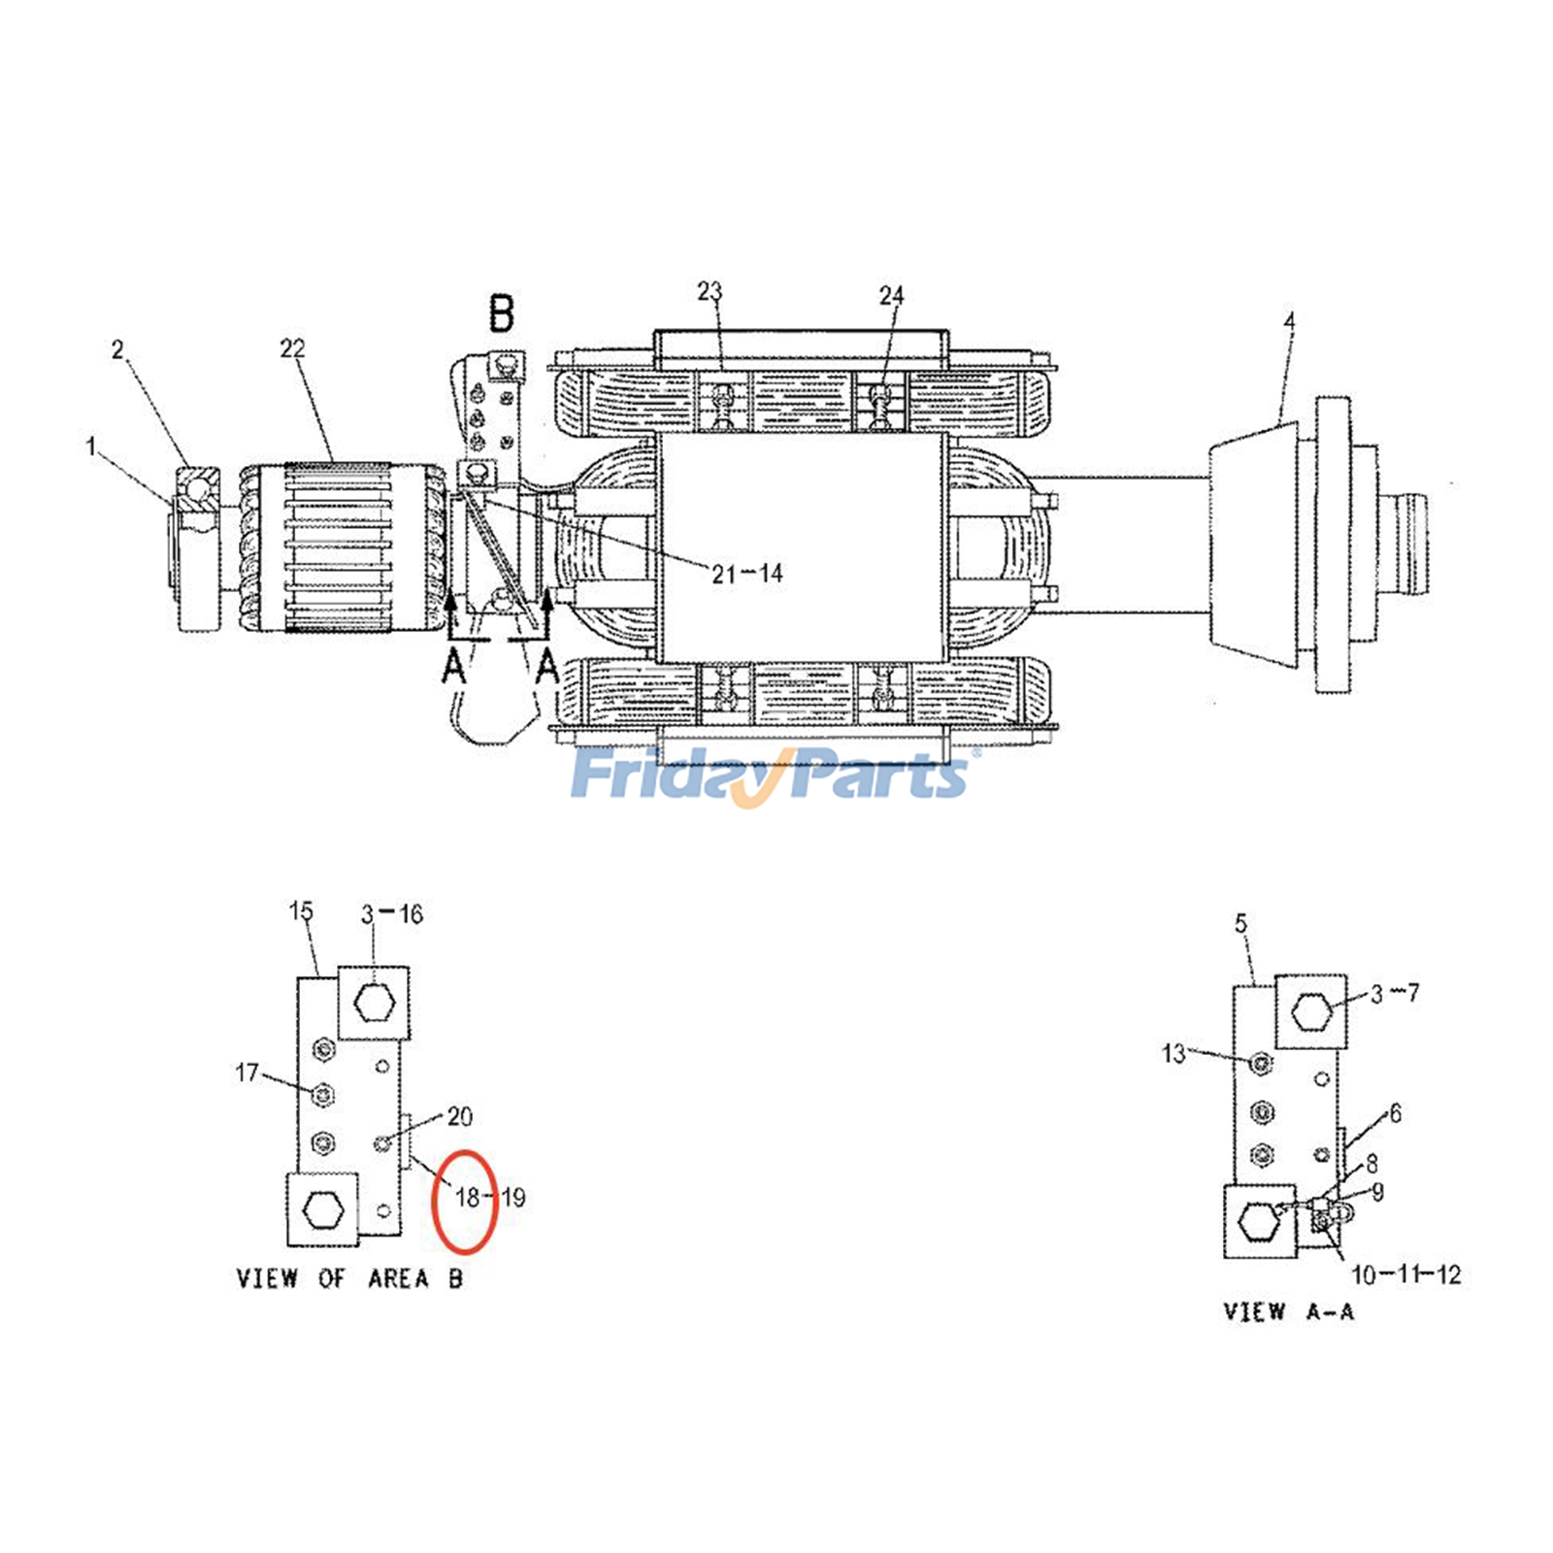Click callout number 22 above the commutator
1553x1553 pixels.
[292, 348]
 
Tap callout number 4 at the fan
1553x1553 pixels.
[1288, 320]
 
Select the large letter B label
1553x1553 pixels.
[501, 314]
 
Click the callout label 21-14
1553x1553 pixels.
[746, 574]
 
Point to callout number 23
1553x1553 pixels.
[710, 291]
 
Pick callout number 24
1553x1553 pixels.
[891, 295]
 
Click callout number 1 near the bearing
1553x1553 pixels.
[91, 446]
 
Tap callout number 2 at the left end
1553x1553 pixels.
[117, 349]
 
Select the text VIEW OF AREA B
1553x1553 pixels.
[349, 1278]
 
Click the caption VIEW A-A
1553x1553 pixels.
[1288, 1312]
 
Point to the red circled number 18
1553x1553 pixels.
[467, 1198]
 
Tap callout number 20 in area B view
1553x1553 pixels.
[459, 1116]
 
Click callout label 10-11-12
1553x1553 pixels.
[1405, 1274]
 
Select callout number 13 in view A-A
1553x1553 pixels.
[1173, 1053]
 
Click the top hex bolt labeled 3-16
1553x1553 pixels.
[374, 1002]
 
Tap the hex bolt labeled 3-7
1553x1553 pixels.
[1310, 1012]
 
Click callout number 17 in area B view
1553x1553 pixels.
[247, 1072]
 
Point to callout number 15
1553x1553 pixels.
[301, 911]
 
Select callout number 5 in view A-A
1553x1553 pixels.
[1240, 924]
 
